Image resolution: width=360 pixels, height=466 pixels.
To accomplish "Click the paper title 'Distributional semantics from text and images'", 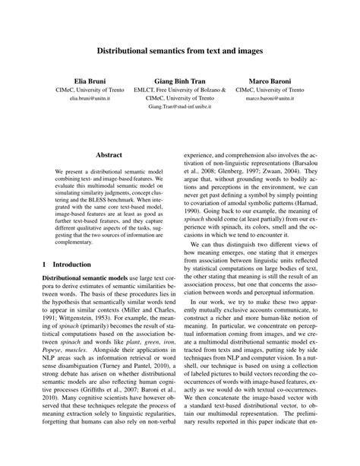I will tap(179, 52).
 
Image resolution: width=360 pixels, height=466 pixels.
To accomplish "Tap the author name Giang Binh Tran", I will tap(179, 79).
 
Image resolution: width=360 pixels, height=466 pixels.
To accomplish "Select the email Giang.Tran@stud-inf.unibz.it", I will tap(179, 109).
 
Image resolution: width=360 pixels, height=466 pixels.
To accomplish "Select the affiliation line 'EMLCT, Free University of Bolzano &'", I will tap(179, 90).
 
